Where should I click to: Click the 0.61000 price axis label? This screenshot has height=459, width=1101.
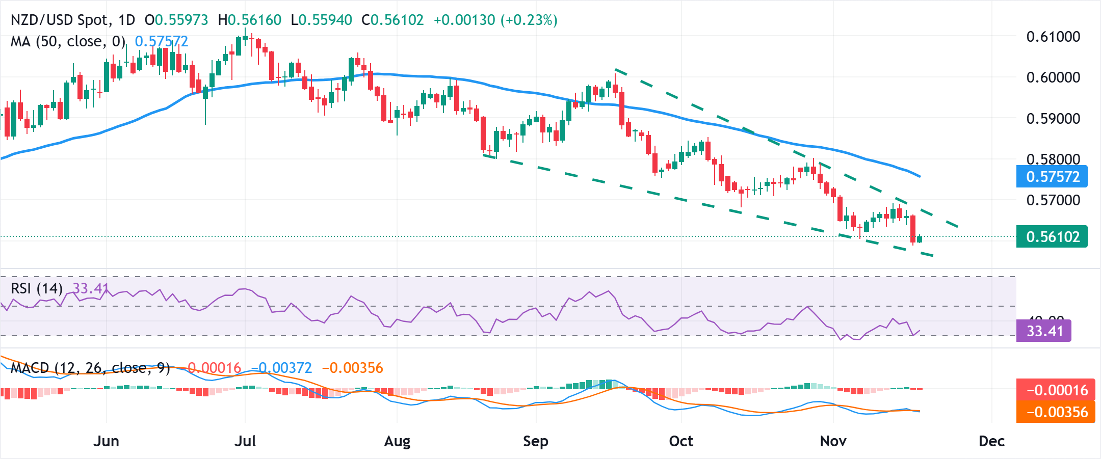pos(1053,37)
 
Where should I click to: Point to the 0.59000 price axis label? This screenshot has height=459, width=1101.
pos(1053,119)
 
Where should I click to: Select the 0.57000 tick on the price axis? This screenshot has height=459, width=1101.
pos(1053,200)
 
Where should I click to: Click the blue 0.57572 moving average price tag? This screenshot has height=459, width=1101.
pos(1052,177)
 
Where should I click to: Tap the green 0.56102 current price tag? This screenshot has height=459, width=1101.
pos(1052,237)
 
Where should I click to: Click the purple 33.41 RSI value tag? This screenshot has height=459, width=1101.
pos(1044,331)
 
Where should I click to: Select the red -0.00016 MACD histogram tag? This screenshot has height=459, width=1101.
pos(1055,390)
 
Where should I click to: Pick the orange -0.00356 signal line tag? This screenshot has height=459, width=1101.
pos(1055,412)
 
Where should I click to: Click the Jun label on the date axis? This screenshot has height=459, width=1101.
pos(106,441)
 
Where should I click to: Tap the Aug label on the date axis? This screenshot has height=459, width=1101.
pos(397,441)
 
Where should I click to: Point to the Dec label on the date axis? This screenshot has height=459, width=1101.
pos(991,441)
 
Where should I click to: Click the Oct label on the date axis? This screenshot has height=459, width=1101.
pos(681,441)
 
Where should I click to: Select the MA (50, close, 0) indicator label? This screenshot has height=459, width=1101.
pos(68,42)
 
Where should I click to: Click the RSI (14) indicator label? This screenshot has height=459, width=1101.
pos(36,289)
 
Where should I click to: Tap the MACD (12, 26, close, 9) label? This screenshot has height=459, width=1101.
pos(90,368)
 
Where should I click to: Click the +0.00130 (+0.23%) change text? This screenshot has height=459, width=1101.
pos(495,20)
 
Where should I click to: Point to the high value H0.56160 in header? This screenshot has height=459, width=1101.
pos(249,20)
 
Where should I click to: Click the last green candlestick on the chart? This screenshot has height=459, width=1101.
pos(920,239)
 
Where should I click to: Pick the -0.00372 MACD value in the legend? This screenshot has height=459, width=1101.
pos(281,368)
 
